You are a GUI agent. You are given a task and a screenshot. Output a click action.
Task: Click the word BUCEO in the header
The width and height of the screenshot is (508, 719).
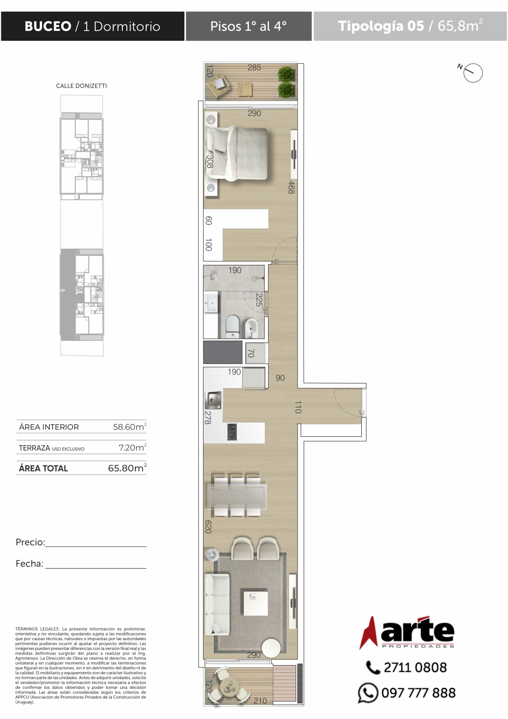pyautogui.click(x=48, y=26)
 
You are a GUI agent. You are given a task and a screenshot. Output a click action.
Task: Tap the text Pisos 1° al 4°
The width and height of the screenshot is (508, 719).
pyautogui.click(x=248, y=26)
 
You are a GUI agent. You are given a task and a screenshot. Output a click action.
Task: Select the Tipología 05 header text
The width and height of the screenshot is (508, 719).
pyautogui.click(x=381, y=26)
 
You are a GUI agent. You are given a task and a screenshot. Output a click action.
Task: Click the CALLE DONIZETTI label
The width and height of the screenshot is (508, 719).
pyautogui.click(x=81, y=86)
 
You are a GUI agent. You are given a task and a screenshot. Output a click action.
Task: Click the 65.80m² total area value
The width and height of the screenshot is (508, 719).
pyautogui.click(x=127, y=468)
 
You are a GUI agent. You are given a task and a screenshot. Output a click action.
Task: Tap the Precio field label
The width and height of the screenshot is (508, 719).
pyautogui.click(x=30, y=542)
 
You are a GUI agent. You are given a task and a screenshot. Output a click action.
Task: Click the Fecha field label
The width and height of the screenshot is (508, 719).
pyautogui.click(x=29, y=564)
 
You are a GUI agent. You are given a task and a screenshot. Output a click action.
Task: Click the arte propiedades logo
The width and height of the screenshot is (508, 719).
pyautogui.click(x=407, y=632)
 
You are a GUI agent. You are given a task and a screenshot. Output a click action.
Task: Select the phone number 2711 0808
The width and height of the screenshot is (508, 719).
pyautogui.click(x=415, y=667)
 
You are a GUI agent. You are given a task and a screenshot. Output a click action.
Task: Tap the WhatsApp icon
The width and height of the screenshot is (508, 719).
pyautogui.click(x=367, y=693)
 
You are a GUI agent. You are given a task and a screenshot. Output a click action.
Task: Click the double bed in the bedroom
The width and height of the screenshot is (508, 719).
pyautogui.click(x=237, y=153)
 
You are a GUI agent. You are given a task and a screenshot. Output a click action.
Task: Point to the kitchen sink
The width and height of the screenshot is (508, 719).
pyautogui.click(x=213, y=400)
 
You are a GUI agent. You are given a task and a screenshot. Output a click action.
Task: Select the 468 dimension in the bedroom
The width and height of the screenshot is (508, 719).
pyautogui.click(x=291, y=187)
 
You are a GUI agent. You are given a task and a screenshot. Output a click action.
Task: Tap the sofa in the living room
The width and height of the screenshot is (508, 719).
pyautogui.click(x=217, y=604)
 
